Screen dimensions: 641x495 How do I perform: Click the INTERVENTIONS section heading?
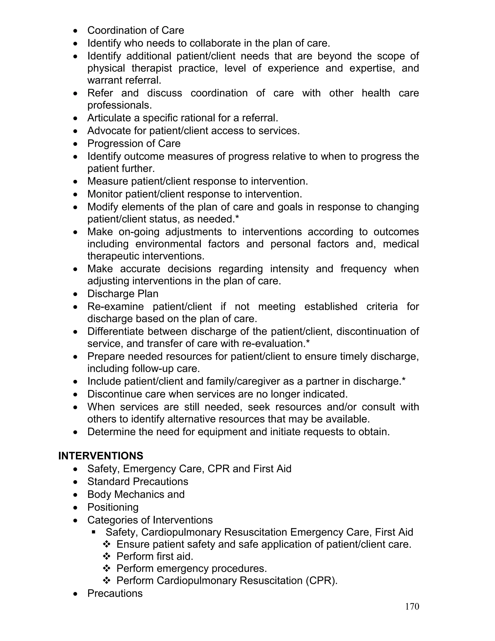click(101, 456)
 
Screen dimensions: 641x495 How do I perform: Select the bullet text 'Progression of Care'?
click(134, 143)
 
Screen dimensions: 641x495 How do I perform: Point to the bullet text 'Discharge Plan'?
click(123, 294)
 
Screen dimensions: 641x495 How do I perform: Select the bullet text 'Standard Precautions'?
click(138, 482)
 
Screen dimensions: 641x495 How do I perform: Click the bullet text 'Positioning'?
click(113, 507)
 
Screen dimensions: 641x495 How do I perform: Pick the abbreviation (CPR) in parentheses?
click(321, 581)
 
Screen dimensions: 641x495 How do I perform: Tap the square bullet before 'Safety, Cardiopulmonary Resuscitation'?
click(94, 532)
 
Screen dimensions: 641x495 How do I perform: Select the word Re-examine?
click(116, 306)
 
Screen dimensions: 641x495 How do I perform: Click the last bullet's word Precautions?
click(115, 593)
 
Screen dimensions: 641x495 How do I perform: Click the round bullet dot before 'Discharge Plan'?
click(76, 294)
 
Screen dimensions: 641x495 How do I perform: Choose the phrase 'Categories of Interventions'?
click(150, 520)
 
